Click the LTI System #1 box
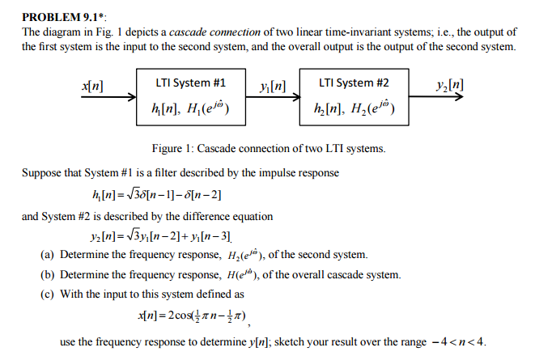[189, 95]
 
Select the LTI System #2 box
[353, 95]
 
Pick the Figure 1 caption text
[269, 149]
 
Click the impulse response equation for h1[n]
[158, 195]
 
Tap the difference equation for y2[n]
[163, 237]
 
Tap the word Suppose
[43, 173]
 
